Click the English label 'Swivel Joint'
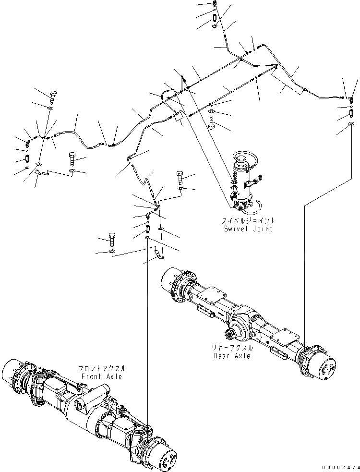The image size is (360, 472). (248, 229)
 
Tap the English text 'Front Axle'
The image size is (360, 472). (101, 376)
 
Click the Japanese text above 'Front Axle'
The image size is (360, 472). (103, 368)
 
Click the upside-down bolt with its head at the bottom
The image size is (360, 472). (212, 121)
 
